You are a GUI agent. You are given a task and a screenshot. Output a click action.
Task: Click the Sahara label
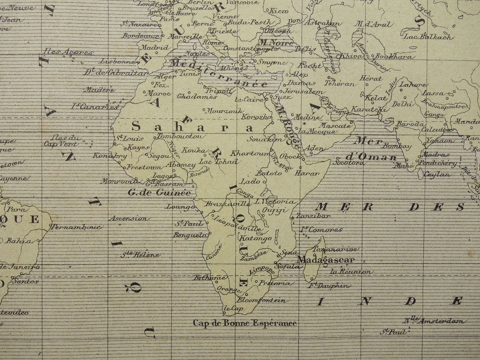192,127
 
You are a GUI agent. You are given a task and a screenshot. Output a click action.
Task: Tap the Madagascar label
326,260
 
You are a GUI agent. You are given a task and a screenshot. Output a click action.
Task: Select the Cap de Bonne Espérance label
245,323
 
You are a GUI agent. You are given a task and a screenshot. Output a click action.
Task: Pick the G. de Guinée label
159,192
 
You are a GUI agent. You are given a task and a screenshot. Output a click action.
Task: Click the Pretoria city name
277,283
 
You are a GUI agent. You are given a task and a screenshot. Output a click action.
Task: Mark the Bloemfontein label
261,300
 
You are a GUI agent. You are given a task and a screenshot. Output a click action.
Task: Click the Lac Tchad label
218,162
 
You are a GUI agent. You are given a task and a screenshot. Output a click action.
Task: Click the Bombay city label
397,146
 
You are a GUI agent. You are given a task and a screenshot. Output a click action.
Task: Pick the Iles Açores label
68,52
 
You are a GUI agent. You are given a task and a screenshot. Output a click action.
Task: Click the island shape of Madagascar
314,262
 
